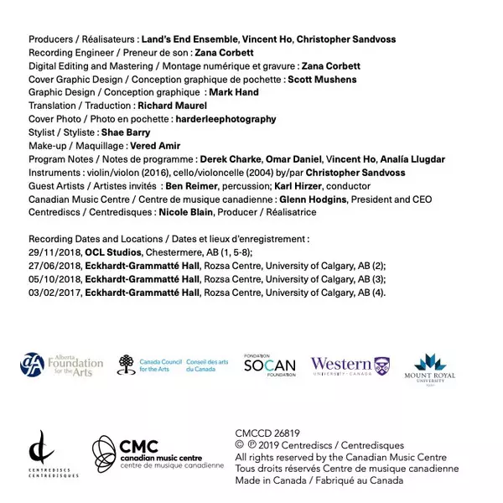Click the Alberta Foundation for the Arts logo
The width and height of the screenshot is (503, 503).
61,365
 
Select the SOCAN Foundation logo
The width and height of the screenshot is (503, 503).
269,364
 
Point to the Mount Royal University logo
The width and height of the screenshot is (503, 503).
434,367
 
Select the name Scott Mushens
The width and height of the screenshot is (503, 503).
322,80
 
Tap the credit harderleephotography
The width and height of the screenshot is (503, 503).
226,119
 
